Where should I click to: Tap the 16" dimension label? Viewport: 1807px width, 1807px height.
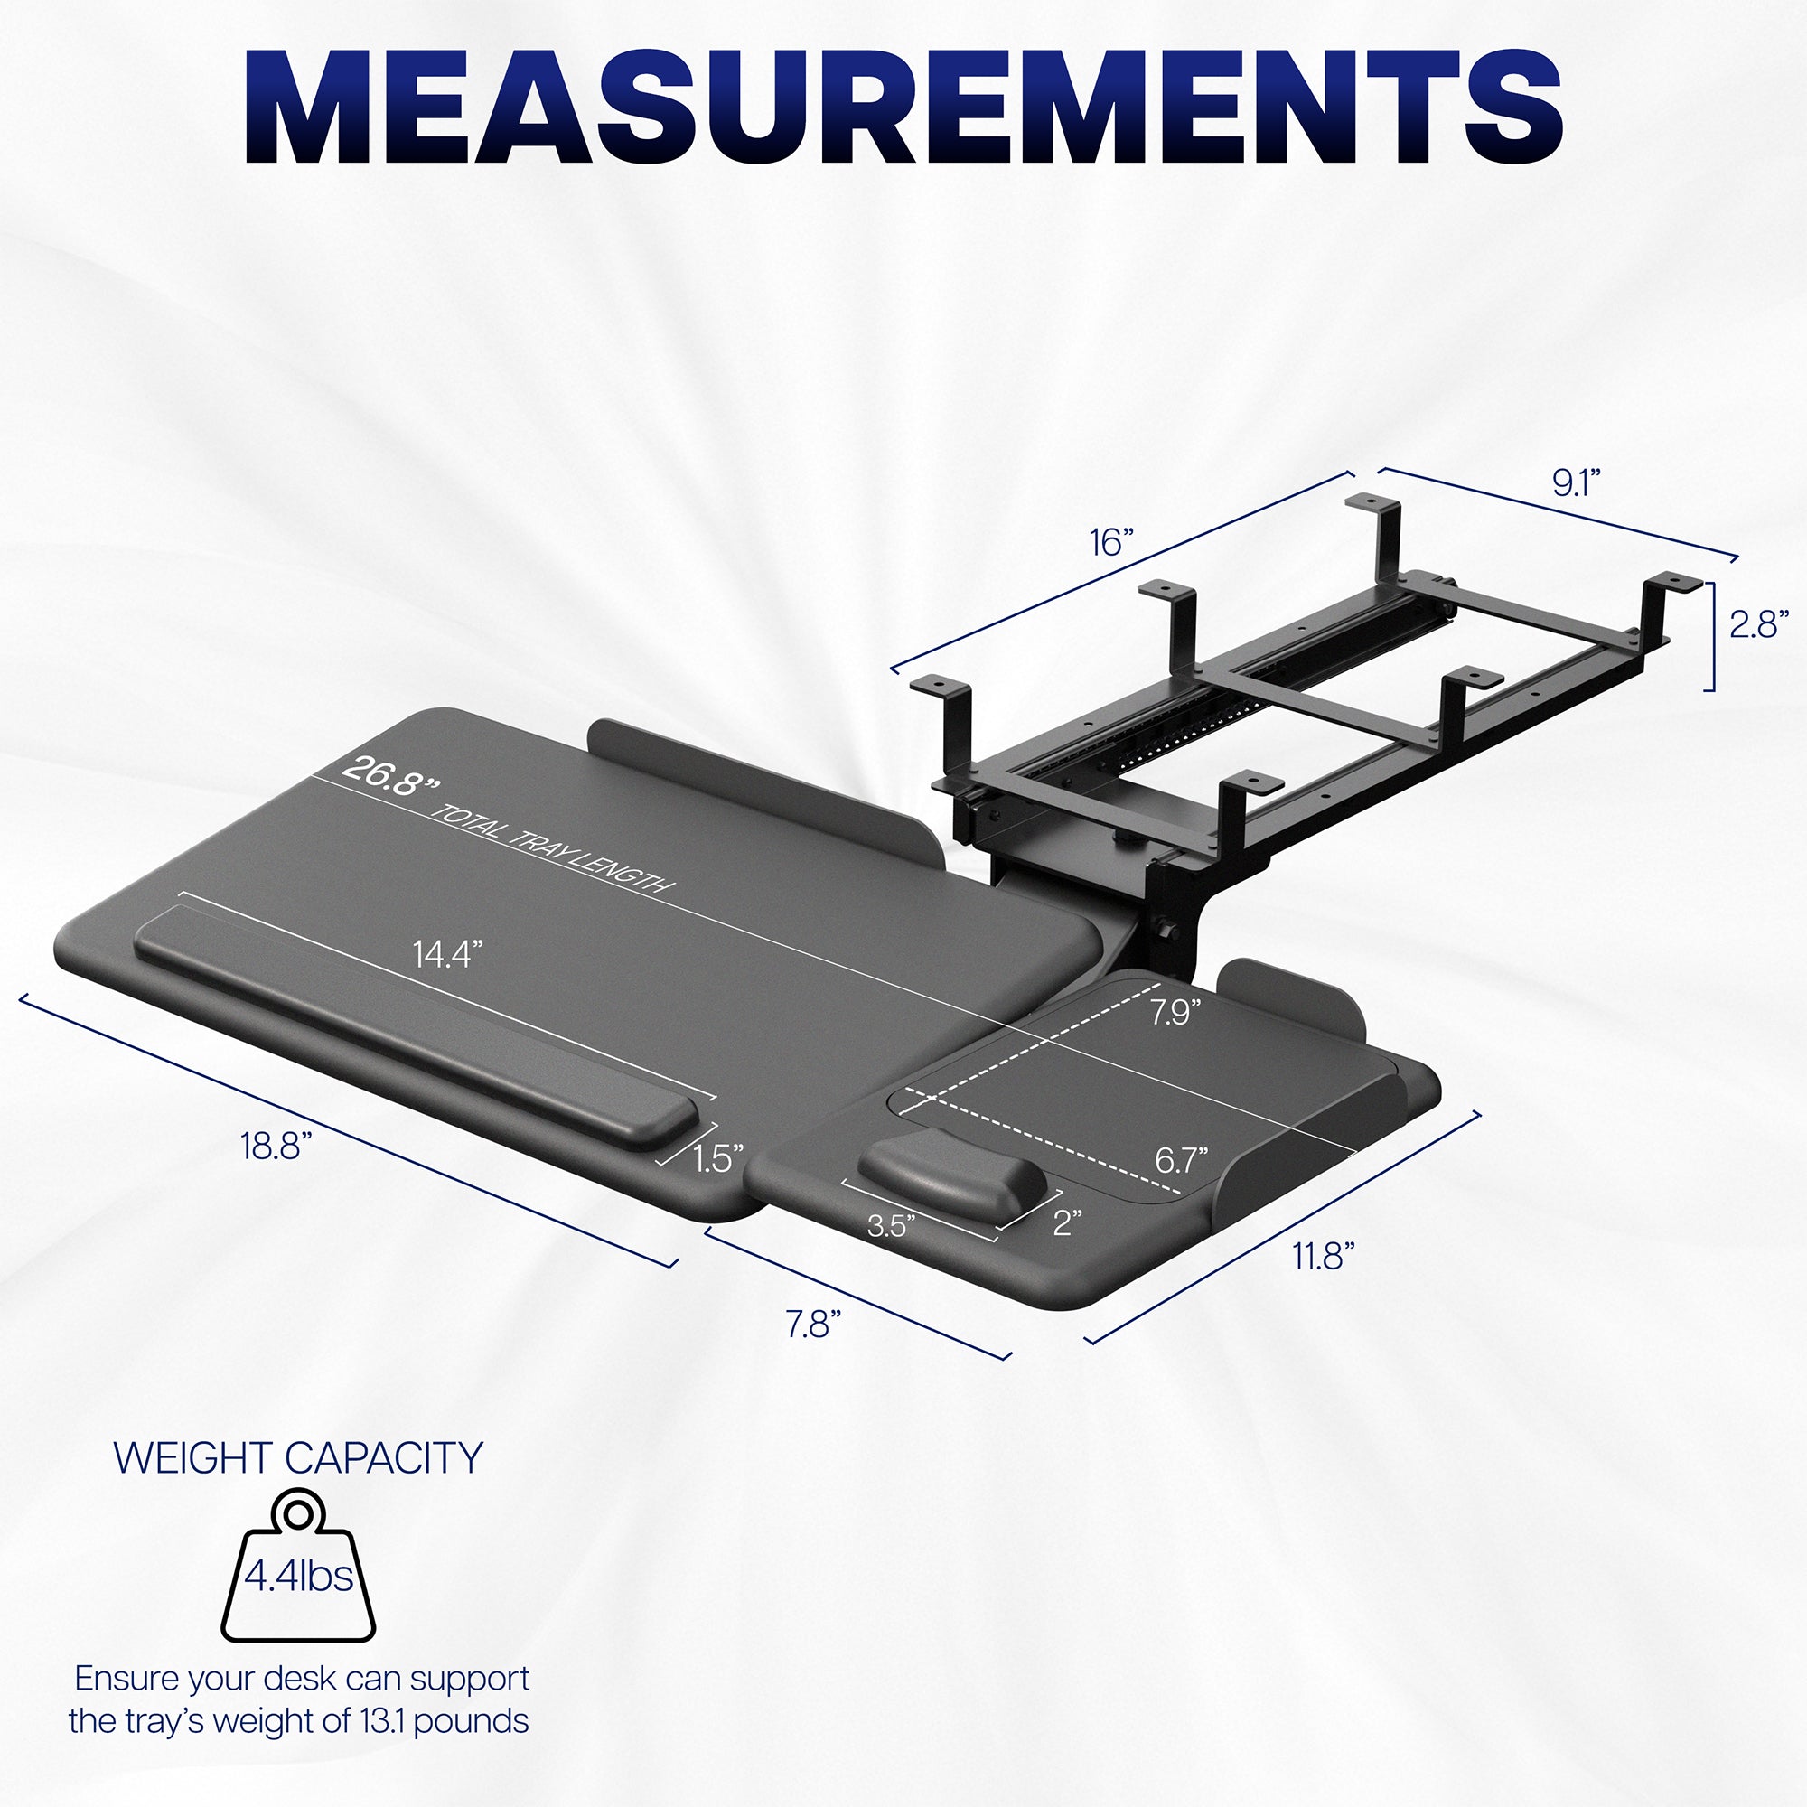coord(1111,542)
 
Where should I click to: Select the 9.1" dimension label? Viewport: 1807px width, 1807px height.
coord(1576,482)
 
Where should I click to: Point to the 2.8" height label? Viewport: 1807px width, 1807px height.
coord(1758,623)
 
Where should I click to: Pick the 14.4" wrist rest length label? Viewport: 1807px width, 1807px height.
coord(448,954)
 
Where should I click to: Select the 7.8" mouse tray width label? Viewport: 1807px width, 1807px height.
coord(813,1325)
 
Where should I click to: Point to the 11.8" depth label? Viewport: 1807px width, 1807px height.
coord(1324,1257)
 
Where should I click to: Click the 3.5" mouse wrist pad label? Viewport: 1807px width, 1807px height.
coord(891,1225)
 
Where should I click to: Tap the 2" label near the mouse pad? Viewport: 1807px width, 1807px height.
coord(1067,1222)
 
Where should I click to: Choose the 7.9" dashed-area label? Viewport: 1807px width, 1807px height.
coord(1175,1012)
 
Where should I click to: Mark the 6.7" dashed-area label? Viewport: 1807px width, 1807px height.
coord(1181,1161)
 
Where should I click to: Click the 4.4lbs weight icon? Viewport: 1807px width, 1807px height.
coord(298,1577)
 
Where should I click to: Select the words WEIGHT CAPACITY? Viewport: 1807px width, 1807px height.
coord(298,1458)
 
